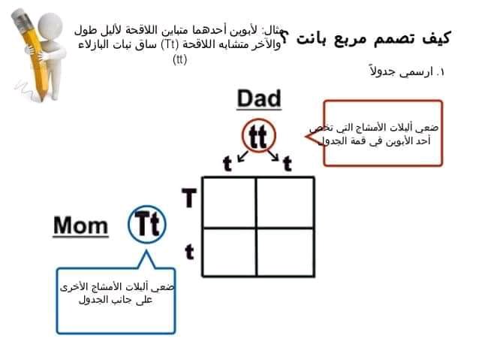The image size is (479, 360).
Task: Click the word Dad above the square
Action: (259, 99)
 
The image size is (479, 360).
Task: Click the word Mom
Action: (81, 225)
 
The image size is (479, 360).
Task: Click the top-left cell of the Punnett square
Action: (229, 201)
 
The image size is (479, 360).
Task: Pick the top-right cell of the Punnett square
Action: (284, 201)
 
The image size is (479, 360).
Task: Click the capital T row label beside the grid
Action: (190, 199)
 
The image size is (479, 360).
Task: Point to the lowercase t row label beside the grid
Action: (190, 252)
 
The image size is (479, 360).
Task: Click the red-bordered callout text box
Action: (382, 132)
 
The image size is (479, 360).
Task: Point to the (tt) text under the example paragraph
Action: (180, 60)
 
